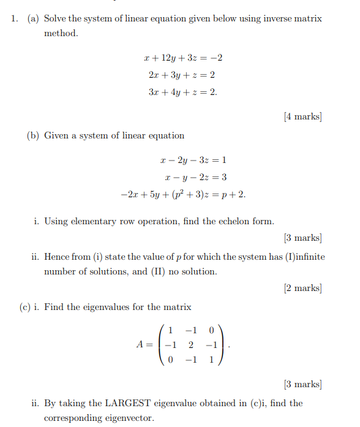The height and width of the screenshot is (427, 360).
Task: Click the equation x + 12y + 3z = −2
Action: click(x=182, y=59)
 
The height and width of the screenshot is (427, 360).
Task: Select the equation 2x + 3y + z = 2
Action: click(x=181, y=75)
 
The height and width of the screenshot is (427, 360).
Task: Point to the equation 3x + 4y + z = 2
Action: click(x=182, y=93)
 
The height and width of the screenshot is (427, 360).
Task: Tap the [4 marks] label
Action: click(x=303, y=116)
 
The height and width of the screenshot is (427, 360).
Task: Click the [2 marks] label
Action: click(x=303, y=288)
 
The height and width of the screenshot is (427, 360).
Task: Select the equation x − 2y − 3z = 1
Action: click(x=193, y=161)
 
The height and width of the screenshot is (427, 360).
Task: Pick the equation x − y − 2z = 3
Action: click(x=195, y=178)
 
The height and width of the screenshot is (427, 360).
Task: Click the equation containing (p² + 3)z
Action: click(x=183, y=195)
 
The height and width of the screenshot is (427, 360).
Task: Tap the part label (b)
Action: click(x=32, y=135)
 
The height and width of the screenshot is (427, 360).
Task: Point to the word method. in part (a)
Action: click(x=61, y=33)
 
